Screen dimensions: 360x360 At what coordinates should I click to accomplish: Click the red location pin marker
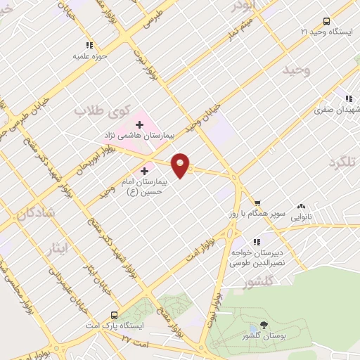[181, 165]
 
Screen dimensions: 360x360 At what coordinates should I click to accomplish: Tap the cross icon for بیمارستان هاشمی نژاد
[139, 125]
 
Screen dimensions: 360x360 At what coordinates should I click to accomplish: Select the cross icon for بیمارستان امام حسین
[145, 170]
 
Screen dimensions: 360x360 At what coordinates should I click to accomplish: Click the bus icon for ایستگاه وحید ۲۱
[326, 21]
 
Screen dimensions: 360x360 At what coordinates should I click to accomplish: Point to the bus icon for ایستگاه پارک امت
[114, 316]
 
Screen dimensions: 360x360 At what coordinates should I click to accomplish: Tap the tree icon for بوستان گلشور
[264, 324]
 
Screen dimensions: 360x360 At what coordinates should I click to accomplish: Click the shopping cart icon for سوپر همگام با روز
[266, 220]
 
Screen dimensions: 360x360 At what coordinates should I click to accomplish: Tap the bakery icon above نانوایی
[302, 207]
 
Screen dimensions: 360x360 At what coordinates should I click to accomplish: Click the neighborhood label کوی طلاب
[103, 111]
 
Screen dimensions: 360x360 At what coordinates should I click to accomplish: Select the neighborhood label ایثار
[62, 248]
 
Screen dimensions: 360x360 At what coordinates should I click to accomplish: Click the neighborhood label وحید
[296, 71]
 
